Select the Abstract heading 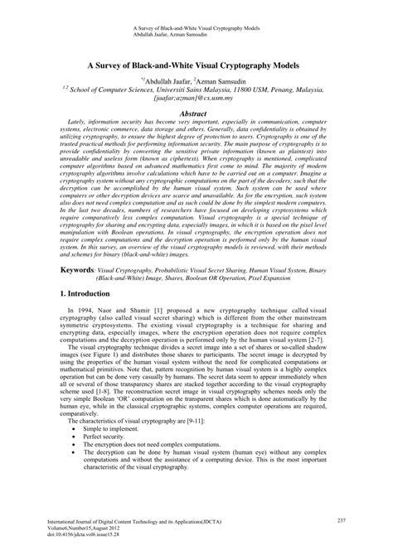click(x=196, y=109)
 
